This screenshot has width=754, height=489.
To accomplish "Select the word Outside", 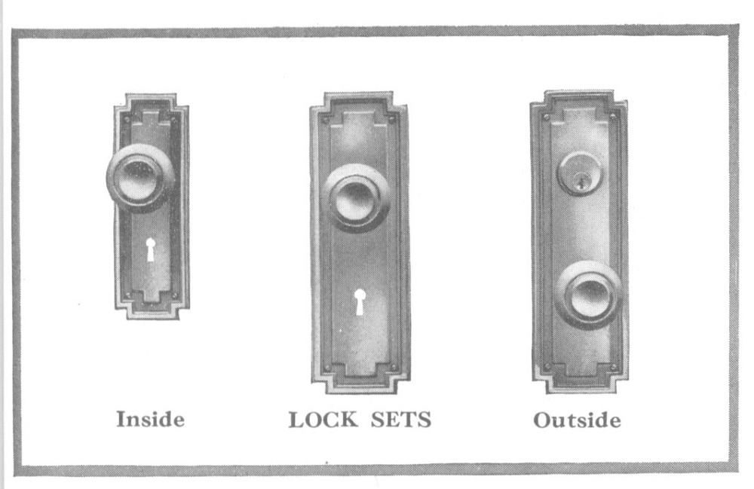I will (x=578, y=420).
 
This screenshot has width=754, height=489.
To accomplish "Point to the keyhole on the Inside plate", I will (x=150, y=249).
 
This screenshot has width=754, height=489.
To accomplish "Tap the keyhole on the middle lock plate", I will (x=360, y=301).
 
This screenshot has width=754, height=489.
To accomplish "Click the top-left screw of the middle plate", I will (x=325, y=119).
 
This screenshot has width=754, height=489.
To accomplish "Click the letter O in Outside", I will (x=541, y=420).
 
